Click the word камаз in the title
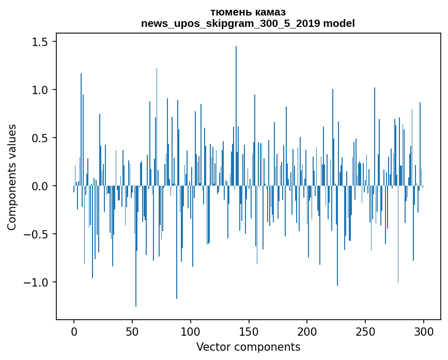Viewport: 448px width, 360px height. tap(269, 12)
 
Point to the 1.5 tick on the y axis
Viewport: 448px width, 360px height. tap(41, 42)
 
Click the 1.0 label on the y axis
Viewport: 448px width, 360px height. tap(41, 90)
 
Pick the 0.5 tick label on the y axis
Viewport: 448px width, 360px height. tap(41, 138)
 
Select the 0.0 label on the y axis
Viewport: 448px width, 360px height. tap(41, 186)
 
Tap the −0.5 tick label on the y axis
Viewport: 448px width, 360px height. tap(37, 234)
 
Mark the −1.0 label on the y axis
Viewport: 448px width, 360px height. tap(37, 282)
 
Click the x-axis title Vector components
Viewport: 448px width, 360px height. tap(248, 347)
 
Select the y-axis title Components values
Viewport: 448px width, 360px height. tap(12, 177)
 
